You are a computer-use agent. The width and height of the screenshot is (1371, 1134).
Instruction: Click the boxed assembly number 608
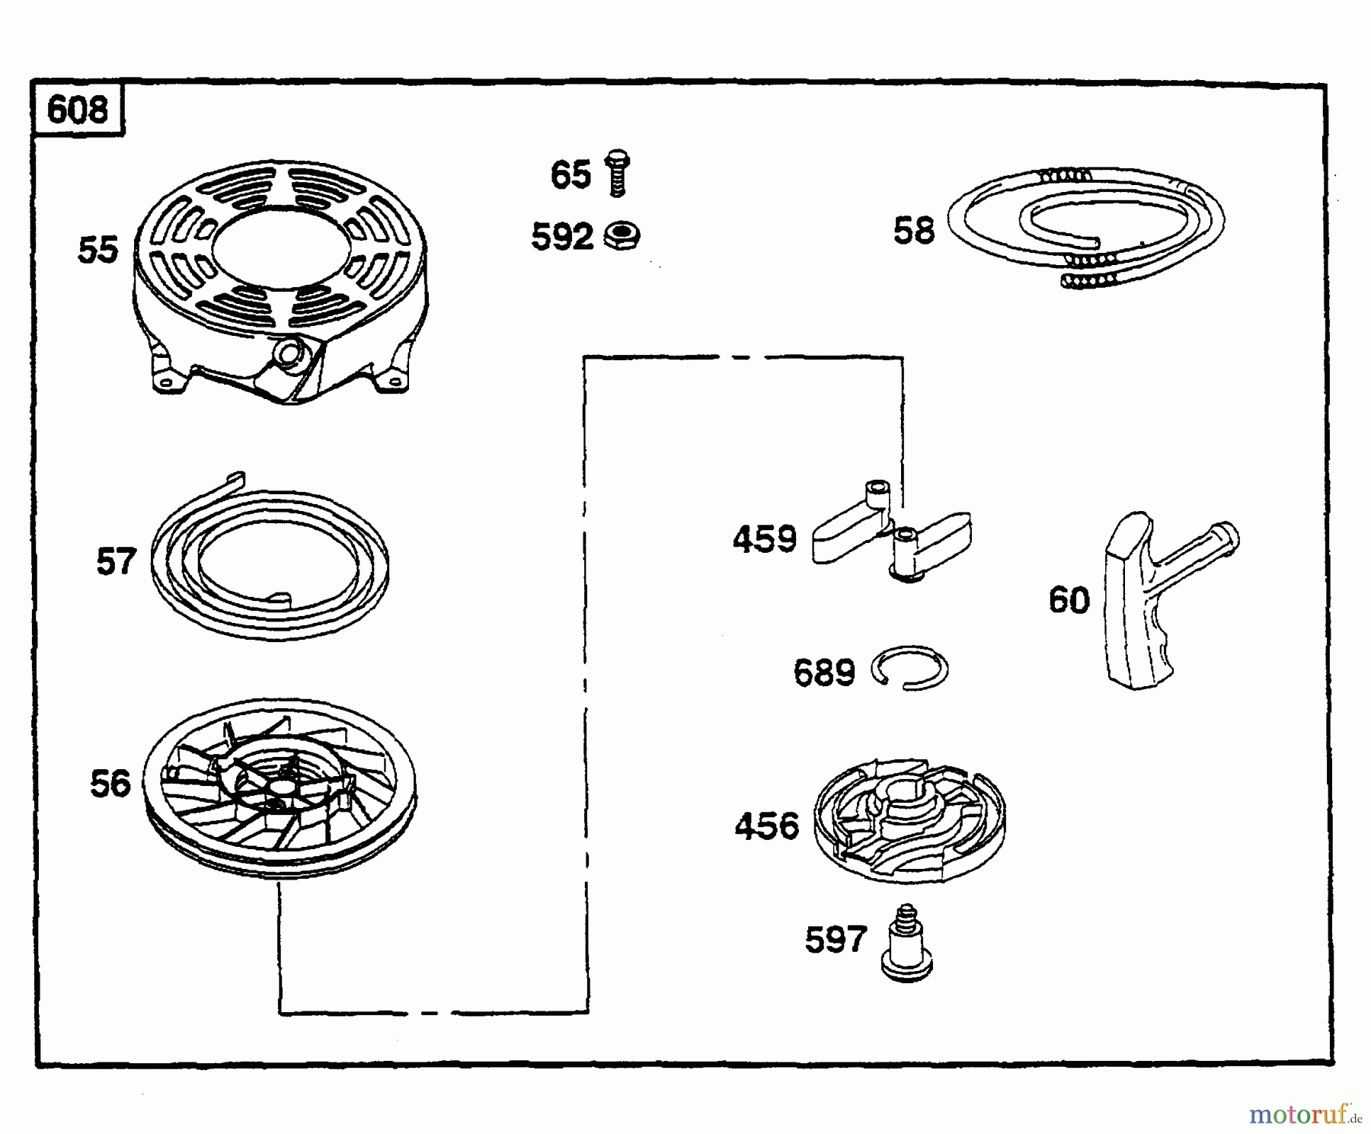coord(77,110)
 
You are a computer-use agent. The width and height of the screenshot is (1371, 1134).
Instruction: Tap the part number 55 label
coord(98,250)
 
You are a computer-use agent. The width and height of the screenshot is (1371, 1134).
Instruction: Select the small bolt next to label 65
coord(617,173)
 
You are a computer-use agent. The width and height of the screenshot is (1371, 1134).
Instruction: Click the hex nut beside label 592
coord(622,236)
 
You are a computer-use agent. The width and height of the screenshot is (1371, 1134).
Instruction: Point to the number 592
coord(562,238)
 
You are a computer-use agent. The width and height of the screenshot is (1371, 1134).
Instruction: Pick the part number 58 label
coord(914,230)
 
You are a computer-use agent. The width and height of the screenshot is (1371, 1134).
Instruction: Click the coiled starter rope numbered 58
coord(1087,227)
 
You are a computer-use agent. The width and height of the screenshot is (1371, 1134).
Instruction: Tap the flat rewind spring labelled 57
coord(270,560)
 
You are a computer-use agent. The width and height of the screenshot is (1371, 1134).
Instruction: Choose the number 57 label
coord(116,562)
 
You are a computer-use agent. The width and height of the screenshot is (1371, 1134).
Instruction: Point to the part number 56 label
coord(110,784)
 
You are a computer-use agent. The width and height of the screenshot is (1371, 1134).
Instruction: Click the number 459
coord(765,539)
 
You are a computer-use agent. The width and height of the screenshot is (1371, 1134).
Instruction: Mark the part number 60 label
coord(1069,600)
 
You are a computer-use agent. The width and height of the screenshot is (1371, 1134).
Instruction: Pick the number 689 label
coord(825,672)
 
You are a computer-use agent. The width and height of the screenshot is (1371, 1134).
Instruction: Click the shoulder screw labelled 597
coord(906,942)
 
